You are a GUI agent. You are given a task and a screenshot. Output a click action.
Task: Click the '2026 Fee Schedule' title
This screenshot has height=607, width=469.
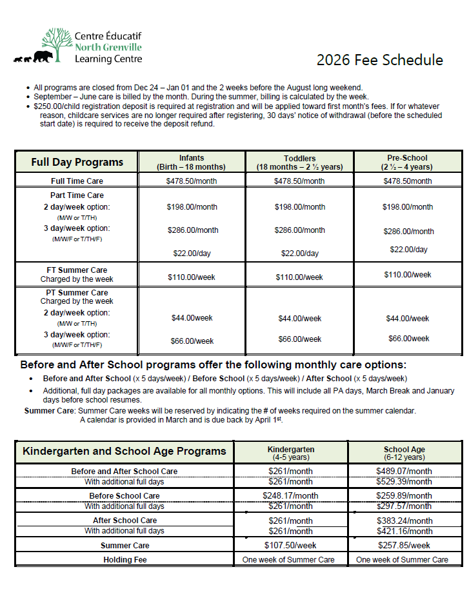tap(379, 61)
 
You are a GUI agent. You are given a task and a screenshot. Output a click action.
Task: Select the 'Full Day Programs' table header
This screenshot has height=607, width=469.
tap(77, 162)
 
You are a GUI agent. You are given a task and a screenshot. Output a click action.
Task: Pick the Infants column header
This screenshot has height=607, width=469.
tap(192, 162)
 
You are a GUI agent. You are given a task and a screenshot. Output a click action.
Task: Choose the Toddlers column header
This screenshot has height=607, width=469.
tap(299, 162)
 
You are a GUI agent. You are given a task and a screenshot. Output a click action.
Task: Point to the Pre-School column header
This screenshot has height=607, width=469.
tap(407, 162)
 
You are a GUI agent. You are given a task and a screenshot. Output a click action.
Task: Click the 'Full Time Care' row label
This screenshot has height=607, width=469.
tap(77, 181)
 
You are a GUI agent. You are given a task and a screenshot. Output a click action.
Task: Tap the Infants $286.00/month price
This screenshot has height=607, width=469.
tap(192, 230)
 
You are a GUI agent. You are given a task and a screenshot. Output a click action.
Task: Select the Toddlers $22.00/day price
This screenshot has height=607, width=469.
tap(299, 254)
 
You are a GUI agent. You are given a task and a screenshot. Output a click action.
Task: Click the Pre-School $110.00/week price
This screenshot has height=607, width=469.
tap(407, 275)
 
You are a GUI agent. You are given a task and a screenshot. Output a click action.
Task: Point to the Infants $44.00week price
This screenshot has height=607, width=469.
tap(192, 318)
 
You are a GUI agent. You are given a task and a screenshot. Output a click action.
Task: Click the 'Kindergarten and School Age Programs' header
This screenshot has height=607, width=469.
tap(125, 451)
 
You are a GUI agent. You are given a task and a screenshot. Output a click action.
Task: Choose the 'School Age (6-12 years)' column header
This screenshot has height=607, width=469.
tap(404, 453)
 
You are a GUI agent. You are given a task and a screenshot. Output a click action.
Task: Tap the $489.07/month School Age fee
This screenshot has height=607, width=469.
tap(404, 472)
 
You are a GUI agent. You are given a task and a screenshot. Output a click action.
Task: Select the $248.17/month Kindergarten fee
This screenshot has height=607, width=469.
tap(290, 496)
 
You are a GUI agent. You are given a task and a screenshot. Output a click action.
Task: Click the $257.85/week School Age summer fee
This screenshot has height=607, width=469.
tap(404, 545)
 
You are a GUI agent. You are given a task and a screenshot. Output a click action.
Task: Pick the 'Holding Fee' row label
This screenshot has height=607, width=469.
tap(125, 560)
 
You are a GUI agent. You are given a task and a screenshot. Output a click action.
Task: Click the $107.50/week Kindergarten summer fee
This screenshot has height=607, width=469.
tap(290, 545)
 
